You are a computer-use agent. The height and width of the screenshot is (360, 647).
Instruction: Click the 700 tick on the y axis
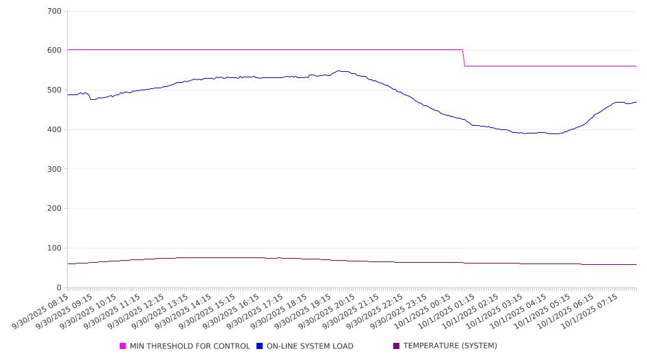tap(55, 11)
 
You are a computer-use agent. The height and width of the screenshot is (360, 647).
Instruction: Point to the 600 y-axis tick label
tap(55, 51)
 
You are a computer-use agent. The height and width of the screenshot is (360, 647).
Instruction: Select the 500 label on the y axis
tap(55, 90)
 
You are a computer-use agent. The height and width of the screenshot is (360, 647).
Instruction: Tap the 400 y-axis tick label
tap(55, 129)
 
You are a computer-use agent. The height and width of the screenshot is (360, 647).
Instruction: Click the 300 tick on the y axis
tap(55, 169)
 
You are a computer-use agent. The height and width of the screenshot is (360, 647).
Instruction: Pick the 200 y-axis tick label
tap(55, 209)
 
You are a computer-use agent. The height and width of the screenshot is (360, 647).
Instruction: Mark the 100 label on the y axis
tap(55, 248)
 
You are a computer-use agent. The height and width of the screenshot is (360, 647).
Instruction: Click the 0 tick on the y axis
tap(59, 287)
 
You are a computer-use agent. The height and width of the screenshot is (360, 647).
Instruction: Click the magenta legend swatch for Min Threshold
tap(123, 346)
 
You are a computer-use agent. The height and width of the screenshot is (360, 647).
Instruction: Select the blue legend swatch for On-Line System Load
tap(260, 346)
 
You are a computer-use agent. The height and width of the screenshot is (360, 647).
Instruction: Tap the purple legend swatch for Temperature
tap(397, 346)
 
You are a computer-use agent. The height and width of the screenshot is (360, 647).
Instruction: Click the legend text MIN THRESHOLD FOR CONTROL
tap(189, 346)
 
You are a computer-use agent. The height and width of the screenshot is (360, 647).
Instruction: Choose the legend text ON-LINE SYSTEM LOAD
tap(310, 346)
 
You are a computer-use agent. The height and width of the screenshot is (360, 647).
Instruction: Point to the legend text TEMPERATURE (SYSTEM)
tap(450, 346)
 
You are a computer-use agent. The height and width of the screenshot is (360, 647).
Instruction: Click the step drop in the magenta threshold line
tap(464, 58)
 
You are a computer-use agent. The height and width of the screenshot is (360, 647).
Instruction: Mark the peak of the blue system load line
tap(339, 70)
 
